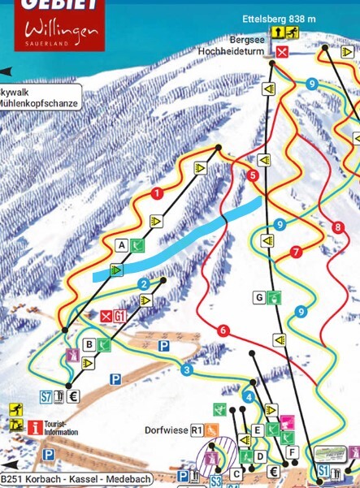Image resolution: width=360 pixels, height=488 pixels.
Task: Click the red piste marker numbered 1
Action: point(156,193)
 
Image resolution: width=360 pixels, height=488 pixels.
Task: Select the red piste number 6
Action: point(223,330)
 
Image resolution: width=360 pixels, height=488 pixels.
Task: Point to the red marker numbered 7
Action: point(295,252)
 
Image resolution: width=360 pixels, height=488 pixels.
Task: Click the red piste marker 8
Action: point(337,227)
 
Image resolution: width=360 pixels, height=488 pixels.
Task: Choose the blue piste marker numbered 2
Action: point(144,284)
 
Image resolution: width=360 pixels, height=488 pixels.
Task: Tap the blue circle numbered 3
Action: point(188,371)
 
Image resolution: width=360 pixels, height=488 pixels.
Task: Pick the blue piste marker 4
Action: point(249,396)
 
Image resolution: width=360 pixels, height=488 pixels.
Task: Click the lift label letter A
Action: point(122,244)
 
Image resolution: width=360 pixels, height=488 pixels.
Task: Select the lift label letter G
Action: point(259,297)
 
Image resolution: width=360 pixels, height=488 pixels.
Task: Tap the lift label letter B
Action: point(89,344)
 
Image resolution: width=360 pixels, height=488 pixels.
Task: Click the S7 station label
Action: point(46,397)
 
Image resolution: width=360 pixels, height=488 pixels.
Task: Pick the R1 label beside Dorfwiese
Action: point(196,430)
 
